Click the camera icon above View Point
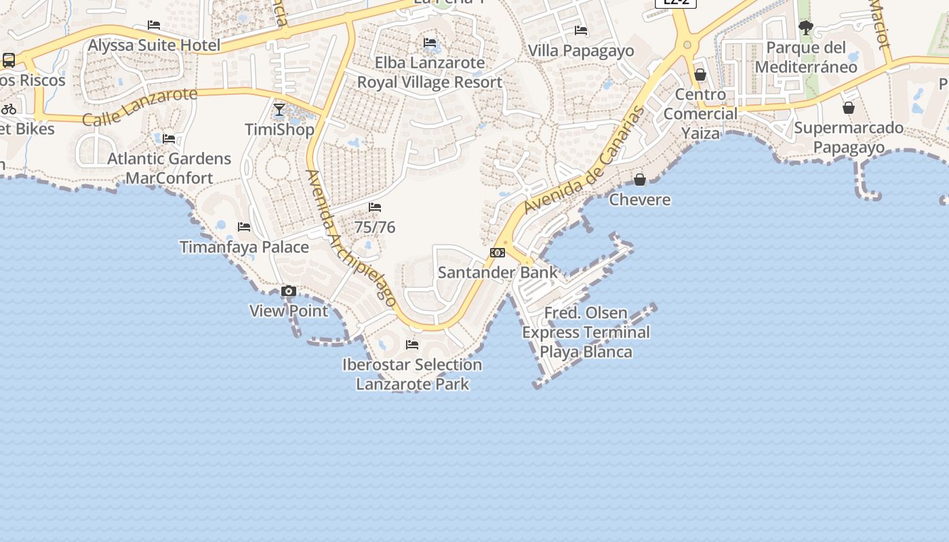(289, 291)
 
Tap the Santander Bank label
(498, 272)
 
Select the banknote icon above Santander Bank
(498, 253)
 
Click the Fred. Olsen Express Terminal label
(586, 332)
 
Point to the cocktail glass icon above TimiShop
(279, 110)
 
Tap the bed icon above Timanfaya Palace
(244, 227)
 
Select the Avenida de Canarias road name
(584, 160)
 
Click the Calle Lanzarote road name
(140, 107)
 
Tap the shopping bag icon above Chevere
(639, 180)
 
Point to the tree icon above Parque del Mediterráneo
(806, 28)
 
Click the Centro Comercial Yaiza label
(700, 114)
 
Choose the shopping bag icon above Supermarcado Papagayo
(848, 108)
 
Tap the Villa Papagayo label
(581, 51)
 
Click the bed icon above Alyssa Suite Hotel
(154, 26)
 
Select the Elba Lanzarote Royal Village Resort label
(430, 72)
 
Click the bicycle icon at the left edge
(9, 108)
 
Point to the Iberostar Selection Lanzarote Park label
(412, 374)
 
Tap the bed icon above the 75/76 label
(375, 207)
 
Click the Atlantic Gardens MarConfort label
(169, 168)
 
